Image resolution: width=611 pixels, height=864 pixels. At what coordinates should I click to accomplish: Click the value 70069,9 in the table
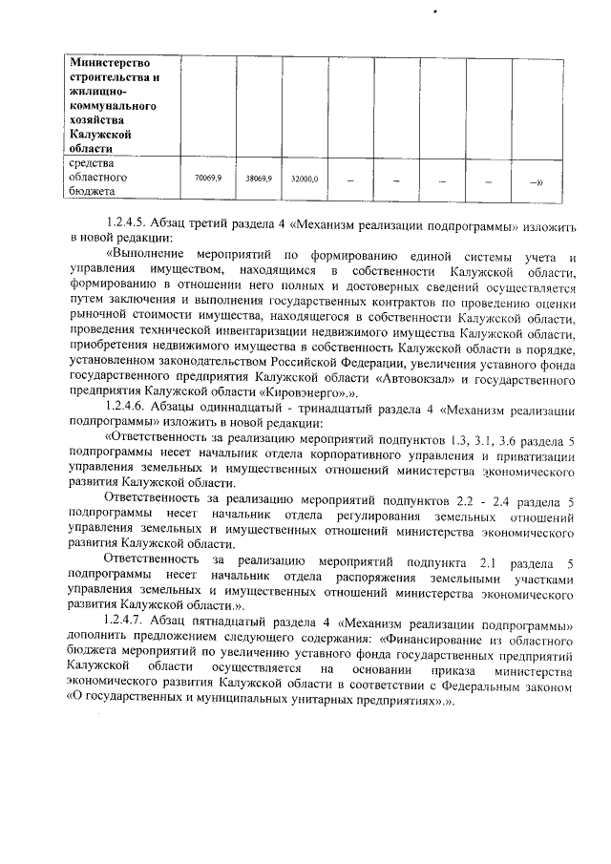click(208, 178)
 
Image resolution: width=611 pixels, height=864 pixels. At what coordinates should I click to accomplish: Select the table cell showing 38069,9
click(259, 178)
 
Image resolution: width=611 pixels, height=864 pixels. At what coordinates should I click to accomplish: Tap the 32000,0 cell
click(305, 178)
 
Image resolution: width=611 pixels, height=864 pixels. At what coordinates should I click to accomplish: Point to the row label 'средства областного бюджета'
click(101, 178)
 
